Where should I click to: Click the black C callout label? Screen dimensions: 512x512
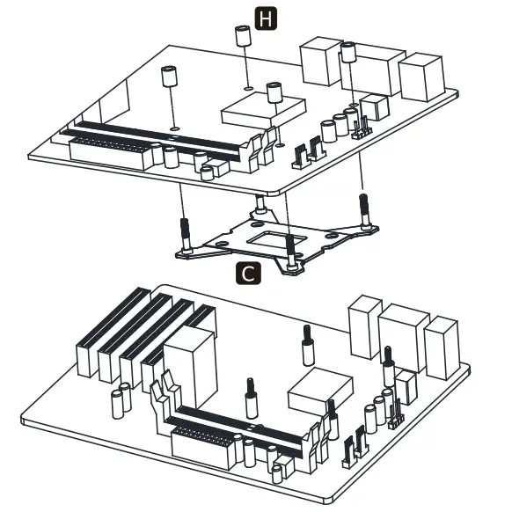coord(250,274)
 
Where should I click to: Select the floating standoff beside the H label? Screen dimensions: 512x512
coord(240,40)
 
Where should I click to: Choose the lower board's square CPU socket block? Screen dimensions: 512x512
coord(321,387)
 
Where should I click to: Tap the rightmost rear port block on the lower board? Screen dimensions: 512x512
coord(442,347)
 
